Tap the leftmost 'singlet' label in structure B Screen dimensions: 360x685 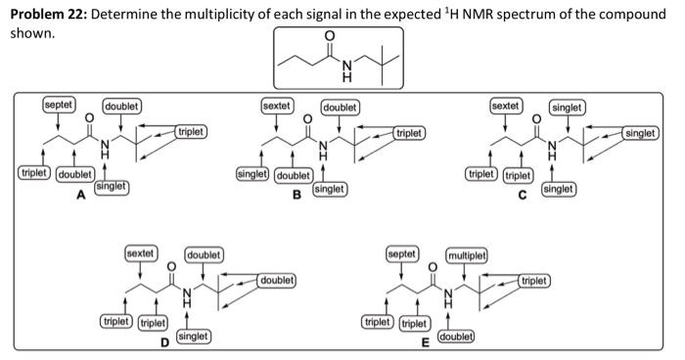coord(253,174)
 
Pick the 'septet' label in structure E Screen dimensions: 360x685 coord(402,253)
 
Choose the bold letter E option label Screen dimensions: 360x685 coord(423,343)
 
